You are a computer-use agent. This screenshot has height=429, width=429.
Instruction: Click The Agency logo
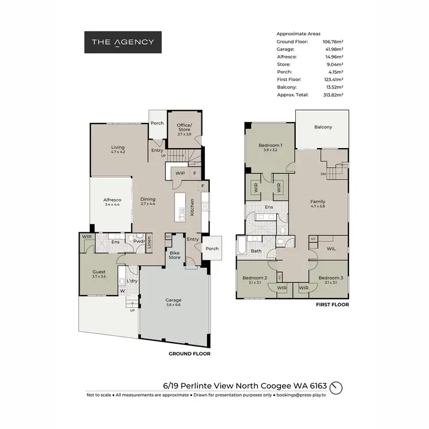tap(123, 42)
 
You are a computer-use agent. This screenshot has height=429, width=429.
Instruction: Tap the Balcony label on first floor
tap(323, 127)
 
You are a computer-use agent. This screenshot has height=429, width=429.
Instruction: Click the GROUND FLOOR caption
tap(189, 354)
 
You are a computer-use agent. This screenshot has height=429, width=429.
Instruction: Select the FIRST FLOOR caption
tap(332, 305)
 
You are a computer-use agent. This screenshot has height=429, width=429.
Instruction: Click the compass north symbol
tap(337, 387)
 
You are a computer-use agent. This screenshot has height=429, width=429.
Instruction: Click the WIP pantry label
tap(180, 173)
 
